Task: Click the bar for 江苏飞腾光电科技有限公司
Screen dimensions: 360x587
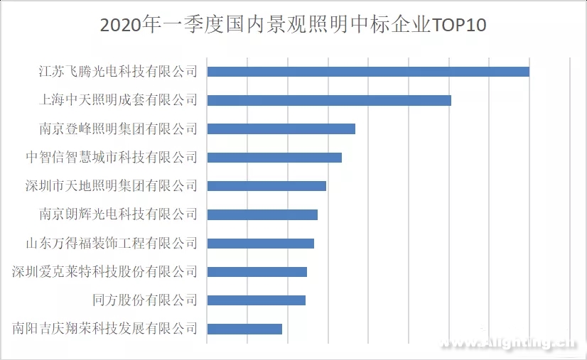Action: tap(368, 72)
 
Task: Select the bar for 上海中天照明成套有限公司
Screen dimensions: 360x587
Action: tap(329, 100)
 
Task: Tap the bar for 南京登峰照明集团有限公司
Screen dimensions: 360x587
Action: tap(281, 129)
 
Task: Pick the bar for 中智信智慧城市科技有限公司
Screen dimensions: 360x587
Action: tap(274, 157)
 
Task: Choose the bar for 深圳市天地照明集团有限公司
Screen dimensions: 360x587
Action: tap(266, 186)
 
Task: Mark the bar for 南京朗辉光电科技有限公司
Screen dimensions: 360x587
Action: tap(262, 214)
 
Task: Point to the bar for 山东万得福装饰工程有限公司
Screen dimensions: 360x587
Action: tap(260, 244)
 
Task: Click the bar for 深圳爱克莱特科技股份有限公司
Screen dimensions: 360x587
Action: tap(257, 272)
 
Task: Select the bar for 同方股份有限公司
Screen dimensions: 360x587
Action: tap(256, 300)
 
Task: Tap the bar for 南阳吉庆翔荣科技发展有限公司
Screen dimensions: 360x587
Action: tap(244, 329)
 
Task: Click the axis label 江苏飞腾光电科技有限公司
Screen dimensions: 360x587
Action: tap(117, 72)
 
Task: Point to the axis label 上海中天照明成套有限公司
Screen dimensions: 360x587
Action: tap(117, 100)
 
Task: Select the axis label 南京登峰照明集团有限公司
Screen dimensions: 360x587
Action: tap(117, 129)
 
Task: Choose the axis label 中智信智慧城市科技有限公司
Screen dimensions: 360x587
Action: tap(111, 157)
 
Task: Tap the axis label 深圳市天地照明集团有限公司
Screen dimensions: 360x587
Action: tap(111, 186)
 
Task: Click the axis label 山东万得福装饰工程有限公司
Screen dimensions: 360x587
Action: tap(111, 244)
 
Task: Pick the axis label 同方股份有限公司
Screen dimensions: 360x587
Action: tap(145, 300)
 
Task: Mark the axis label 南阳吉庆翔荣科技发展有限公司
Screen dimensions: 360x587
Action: tap(104, 329)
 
